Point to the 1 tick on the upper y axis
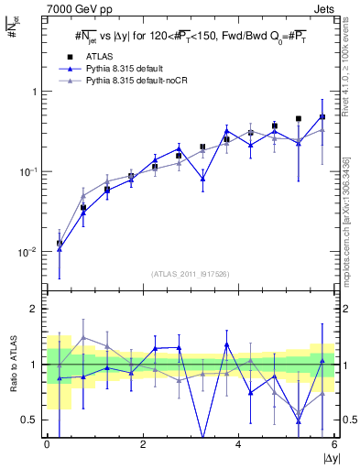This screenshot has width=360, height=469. tap(35, 92)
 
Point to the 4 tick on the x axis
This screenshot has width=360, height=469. tap(239, 444)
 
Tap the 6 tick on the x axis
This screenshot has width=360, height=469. tap(334, 444)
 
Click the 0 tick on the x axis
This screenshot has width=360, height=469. tap(48, 444)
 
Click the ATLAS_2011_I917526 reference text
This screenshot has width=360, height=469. tap(191, 274)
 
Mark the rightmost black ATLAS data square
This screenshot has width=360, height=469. tap(322, 117)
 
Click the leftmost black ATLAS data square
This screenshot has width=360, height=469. tap(60, 244)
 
